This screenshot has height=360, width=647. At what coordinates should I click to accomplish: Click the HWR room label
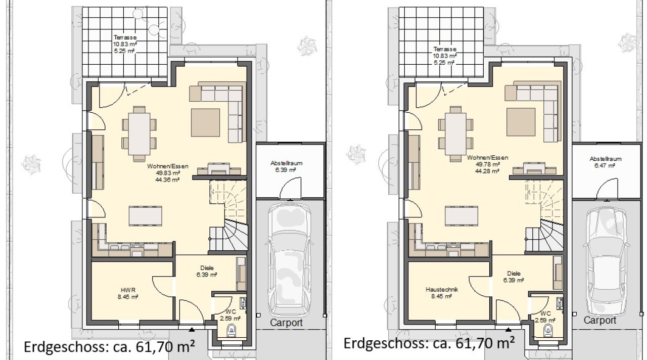click(x=128, y=290)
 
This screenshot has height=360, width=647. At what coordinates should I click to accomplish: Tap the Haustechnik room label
click(x=442, y=289)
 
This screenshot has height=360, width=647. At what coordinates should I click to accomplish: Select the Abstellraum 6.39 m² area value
click(x=286, y=170)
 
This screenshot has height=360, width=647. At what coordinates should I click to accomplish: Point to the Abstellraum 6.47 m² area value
click(x=605, y=165)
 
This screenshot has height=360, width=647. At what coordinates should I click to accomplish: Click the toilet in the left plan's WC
click(x=231, y=331)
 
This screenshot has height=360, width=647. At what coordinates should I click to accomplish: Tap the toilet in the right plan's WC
click(x=547, y=331)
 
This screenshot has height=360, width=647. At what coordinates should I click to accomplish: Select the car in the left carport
click(x=289, y=260)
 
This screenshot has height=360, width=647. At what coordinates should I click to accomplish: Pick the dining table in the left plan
click(x=139, y=134)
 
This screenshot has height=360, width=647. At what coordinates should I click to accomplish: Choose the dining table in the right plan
click(x=456, y=134)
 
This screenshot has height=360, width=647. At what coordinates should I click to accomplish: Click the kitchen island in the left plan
click(x=145, y=216)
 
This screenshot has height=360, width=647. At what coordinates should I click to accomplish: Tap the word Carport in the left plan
click(x=286, y=323)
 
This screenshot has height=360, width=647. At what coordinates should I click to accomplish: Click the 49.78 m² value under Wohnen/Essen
click(x=488, y=164)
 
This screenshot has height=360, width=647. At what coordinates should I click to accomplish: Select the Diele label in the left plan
click(x=207, y=268)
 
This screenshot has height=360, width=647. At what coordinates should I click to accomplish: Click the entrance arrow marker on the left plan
click(x=192, y=329)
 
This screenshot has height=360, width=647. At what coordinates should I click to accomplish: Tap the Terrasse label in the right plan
click(x=445, y=49)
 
